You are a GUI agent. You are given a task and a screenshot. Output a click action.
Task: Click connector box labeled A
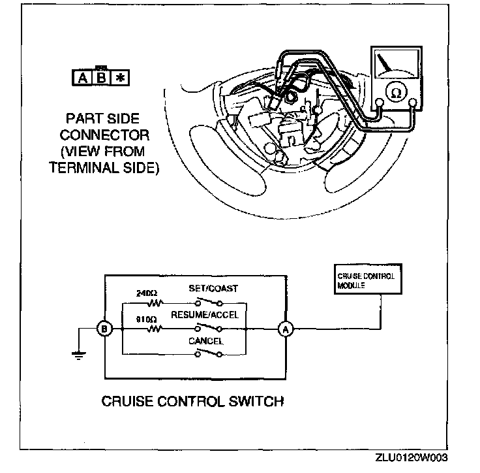(83, 77)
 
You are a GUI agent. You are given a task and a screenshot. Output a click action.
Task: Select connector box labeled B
(102, 77)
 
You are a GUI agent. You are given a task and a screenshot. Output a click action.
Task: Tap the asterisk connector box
(121, 77)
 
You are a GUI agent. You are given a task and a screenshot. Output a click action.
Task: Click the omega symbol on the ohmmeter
(395, 93)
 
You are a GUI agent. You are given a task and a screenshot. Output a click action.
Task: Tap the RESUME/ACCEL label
(205, 315)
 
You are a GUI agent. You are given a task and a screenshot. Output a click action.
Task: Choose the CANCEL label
(206, 340)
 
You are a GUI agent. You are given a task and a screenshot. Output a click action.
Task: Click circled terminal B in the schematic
(104, 329)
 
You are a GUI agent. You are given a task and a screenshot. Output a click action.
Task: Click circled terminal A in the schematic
(286, 329)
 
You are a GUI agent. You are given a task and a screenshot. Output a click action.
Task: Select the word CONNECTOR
(104, 136)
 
